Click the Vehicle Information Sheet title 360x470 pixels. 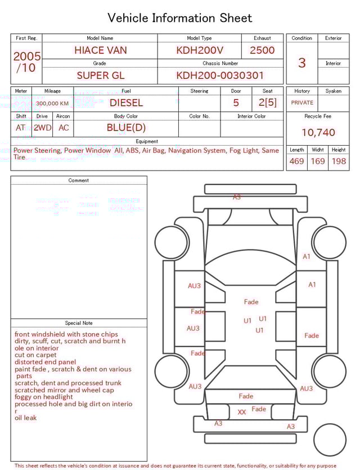[180, 18]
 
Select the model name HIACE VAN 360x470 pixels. [100, 50]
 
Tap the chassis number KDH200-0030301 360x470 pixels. [220, 75]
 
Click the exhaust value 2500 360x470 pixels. [262, 50]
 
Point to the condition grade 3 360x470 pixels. [301, 62]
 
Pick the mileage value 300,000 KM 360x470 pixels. [52, 104]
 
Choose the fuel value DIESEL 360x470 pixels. [126, 103]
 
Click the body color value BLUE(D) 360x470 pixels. [126, 128]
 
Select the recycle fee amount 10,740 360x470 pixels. [318, 132]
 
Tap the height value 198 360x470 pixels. [339, 162]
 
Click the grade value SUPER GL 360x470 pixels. [100, 75]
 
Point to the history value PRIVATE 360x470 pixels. [302, 103]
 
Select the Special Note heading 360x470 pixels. [79, 323]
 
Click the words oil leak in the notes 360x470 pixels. [26, 418]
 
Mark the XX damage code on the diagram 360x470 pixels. [242, 412]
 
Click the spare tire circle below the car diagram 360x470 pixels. [330, 440]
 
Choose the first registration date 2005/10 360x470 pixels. [26, 62]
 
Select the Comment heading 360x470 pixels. [79, 181]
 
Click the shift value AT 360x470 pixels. [21, 128]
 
